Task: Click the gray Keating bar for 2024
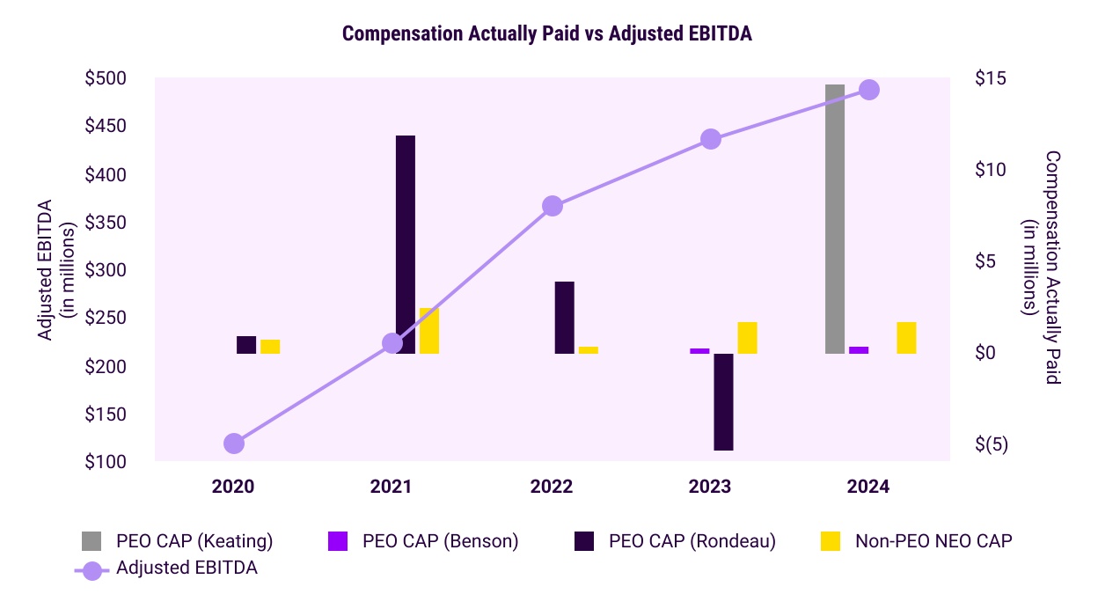[x=835, y=219]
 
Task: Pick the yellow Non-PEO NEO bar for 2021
[x=428, y=331]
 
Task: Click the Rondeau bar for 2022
[x=564, y=318]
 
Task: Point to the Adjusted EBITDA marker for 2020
[x=233, y=444]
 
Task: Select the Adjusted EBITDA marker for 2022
[x=553, y=206]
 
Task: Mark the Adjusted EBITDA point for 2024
[x=869, y=90]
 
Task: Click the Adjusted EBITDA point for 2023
[x=711, y=139]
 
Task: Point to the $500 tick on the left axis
[x=106, y=78]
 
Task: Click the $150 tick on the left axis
[x=106, y=414]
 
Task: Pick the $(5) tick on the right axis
[x=992, y=444]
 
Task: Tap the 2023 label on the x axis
[x=711, y=487]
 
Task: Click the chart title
[x=547, y=33]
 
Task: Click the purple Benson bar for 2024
[x=859, y=350]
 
